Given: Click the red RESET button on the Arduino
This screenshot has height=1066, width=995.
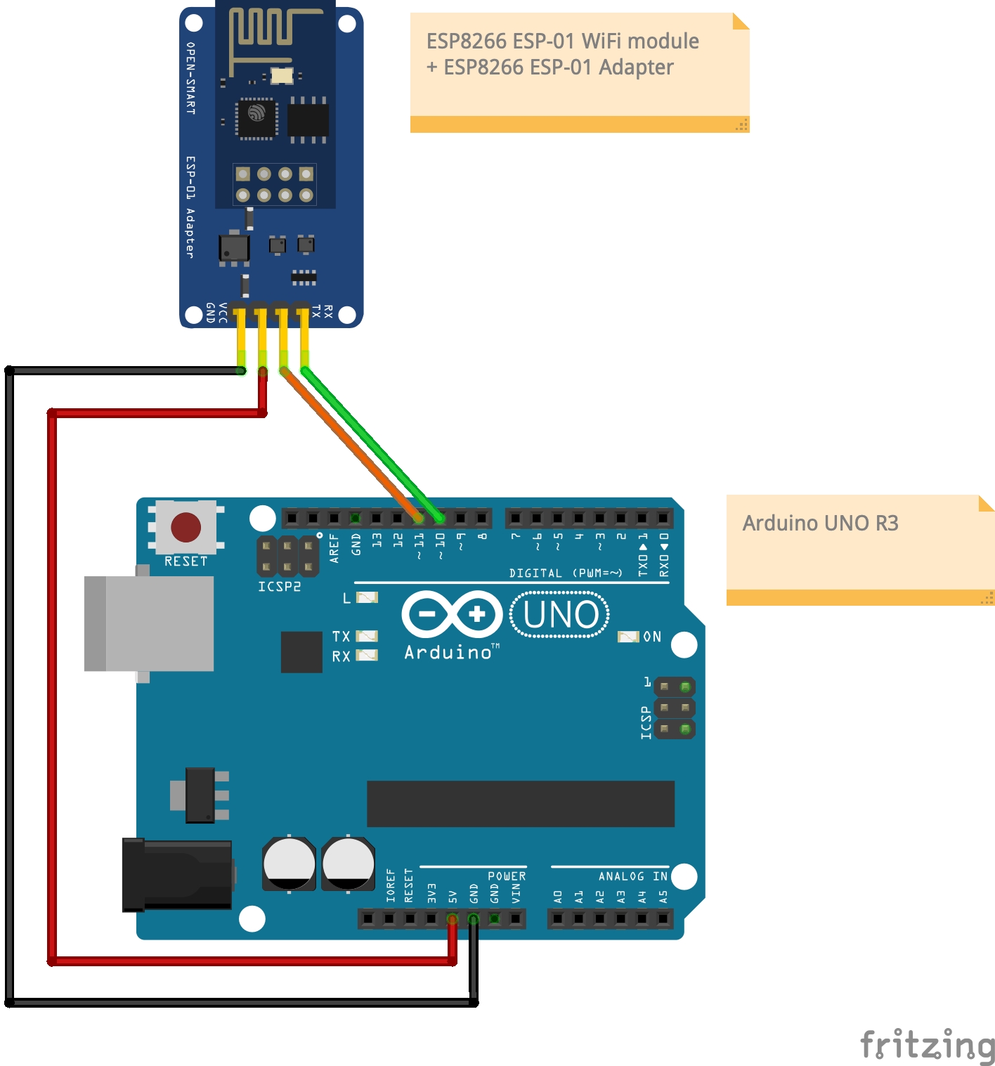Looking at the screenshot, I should [186, 527].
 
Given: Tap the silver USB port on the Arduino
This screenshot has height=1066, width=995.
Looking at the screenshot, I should [150, 623].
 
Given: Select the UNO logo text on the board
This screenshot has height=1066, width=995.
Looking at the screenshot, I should [560, 615].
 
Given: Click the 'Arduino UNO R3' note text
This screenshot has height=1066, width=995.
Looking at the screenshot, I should [820, 524].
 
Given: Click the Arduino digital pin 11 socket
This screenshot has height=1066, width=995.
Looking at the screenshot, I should [418, 519].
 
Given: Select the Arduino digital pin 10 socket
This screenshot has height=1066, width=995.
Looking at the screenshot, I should [439, 519].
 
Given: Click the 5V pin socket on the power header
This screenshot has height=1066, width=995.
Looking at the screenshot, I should [452, 918].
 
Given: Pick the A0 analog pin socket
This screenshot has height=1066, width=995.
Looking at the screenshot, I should [557, 918].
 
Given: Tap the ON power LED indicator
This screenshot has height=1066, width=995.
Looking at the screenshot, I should [627, 637].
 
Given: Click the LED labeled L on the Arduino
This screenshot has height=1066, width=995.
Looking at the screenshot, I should [367, 598].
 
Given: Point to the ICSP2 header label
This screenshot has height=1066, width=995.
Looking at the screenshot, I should [279, 587].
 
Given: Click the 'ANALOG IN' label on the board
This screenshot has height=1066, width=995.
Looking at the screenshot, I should [632, 876].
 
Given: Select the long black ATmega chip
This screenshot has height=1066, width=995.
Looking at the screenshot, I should [520, 803].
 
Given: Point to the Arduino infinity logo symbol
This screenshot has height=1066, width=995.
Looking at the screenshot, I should [452, 615].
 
